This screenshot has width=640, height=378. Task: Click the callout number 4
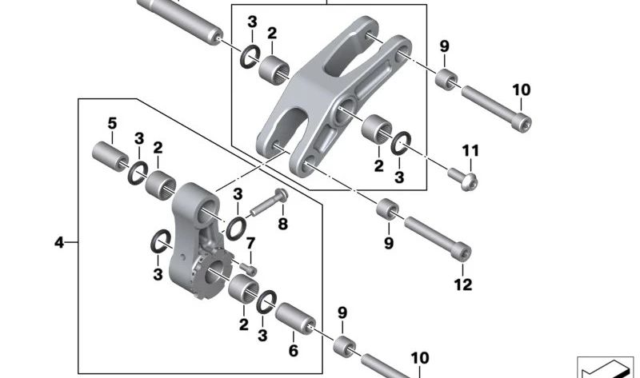(x=59, y=243)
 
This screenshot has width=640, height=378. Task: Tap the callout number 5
(x=112, y=123)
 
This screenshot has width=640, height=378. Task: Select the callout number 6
(x=294, y=350)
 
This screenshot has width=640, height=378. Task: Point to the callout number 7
(x=250, y=244)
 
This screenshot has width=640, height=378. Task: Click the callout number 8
(x=283, y=224)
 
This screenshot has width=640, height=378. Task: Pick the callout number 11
(x=470, y=151)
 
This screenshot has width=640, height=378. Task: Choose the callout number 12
(x=463, y=284)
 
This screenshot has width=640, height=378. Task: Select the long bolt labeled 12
(x=438, y=238)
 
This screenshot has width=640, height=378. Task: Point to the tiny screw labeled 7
(x=249, y=269)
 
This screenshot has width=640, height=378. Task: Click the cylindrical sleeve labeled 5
(x=110, y=156)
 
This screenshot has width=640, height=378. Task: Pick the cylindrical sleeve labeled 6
(x=295, y=319)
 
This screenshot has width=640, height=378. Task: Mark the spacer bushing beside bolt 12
(x=387, y=209)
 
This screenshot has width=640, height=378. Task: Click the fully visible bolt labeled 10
(x=496, y=108)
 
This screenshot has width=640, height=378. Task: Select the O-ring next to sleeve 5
(x=138, y=173)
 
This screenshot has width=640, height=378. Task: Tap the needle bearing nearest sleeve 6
(x=244, y=288)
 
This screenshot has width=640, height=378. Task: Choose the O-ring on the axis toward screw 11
(x=401, y=144)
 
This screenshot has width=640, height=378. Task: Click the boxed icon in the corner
(x=605, y=368)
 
